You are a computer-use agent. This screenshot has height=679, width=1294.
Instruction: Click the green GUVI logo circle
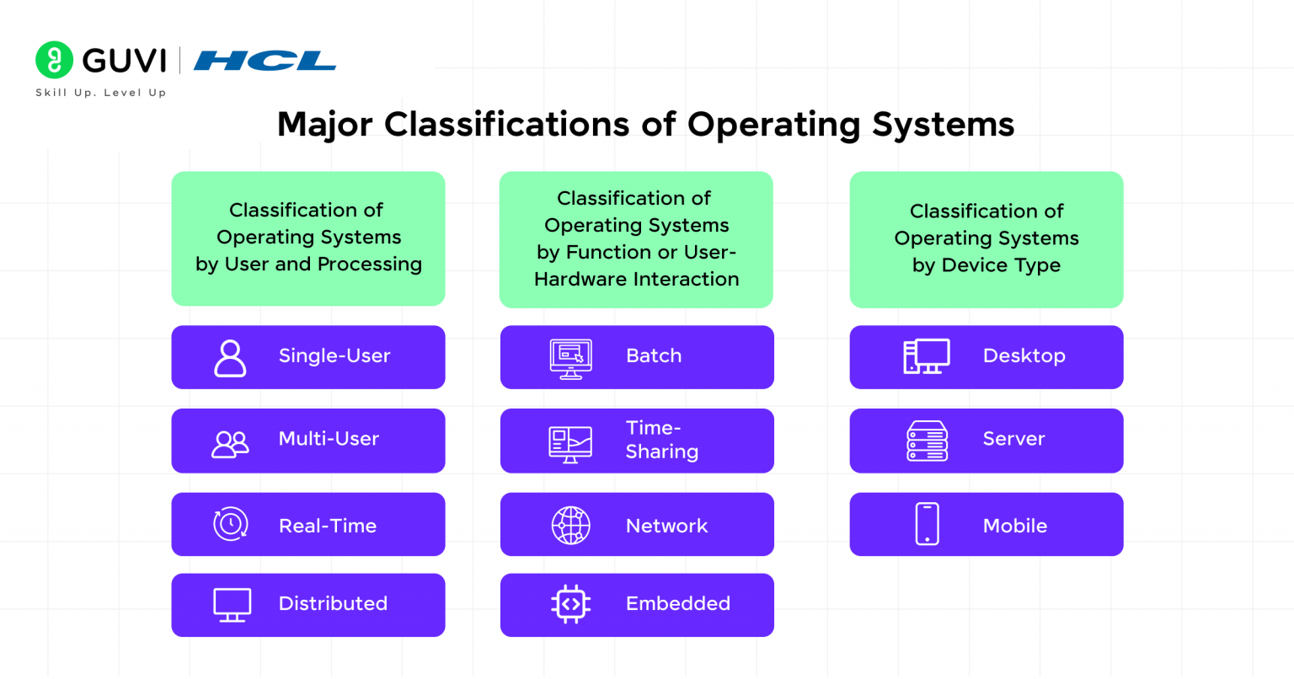pyautogui.click(x=54, y=60)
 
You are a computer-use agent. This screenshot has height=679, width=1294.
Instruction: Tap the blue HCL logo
pyautogui.click(x=265, y=61)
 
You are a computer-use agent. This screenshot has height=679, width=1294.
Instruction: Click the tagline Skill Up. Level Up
pyautogui.click(x=100, y=93)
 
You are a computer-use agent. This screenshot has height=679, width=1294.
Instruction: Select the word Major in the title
pyautogui.click(x=324, y=125)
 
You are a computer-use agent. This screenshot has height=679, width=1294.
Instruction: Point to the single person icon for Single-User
pyautogui.click(x=230, y=357)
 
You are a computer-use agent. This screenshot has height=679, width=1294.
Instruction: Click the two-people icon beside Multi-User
pyautogui.click(x=230, y=443)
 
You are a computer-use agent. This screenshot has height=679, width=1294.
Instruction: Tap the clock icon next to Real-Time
pyautogui.click(x=230, y=524)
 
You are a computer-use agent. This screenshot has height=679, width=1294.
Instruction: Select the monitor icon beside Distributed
pyautogui.click(x=232, y=605)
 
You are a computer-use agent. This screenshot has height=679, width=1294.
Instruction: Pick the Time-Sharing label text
pyautogui.click(x=661, y=440)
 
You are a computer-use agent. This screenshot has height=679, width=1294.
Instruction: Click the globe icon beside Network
pyautogui.click(x=570, y=526)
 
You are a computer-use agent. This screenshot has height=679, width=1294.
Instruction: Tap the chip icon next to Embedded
pyautogui.click(x=570, y=604)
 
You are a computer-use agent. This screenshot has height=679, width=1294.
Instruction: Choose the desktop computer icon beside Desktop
pyautogui.click(x=927, y=356)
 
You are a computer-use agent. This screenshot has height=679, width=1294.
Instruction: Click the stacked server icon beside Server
pyautogui.click(x=927, y=441)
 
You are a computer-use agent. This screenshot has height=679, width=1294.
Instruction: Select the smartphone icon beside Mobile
pyautogui.click(x=927, y=524)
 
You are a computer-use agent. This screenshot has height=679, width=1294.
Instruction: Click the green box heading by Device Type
pyautogui.click(x=986, y=238)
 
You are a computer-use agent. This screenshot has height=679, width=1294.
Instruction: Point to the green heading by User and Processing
pyautogui.click(x=308, y=238)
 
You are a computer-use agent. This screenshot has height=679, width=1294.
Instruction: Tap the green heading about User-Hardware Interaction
pyautogui.click(x=636, y=238)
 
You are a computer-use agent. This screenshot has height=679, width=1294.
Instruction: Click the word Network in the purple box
pyautogui.click(x=666, y=526)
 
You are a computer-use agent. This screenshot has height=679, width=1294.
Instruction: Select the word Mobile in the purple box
pyautogui.click(x=1014, y=526)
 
